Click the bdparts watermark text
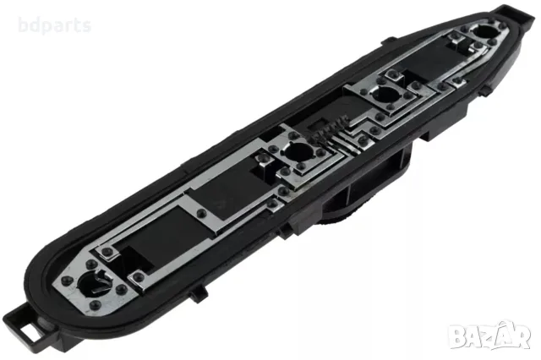[54, 26]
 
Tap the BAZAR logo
[489, 335]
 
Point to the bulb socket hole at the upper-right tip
[485, 32]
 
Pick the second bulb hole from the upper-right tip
[385, 94]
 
